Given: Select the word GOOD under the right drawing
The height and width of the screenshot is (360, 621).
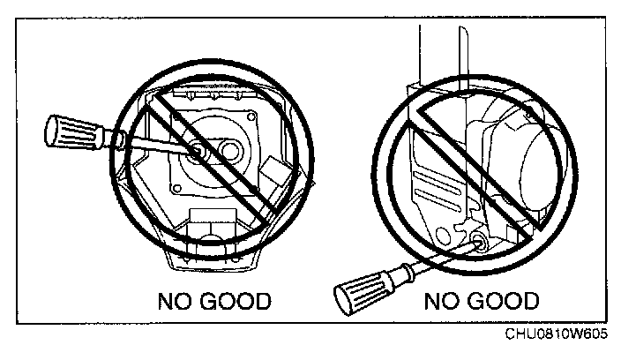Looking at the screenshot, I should [x=502, y=302].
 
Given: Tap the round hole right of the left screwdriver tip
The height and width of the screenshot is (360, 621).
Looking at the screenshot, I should [x=232, y=151].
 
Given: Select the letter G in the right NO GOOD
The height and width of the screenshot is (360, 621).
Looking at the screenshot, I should [x=476, y=302].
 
